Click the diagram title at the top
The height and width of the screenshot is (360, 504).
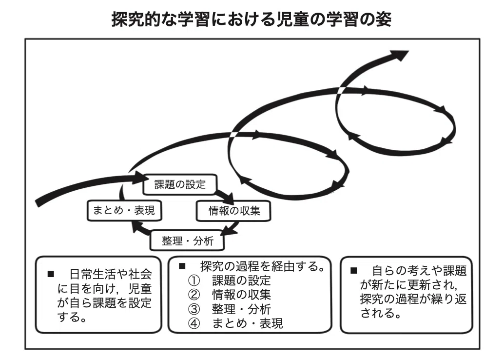point(252,20)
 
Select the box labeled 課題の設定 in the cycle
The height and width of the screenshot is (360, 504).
point(180,184)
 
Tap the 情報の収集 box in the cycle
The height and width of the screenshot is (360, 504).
point(233,211)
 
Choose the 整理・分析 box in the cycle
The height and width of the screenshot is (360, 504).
point(187,240)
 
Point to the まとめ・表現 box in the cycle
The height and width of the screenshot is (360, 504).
point(124,210)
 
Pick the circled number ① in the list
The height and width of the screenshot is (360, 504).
point(194,280)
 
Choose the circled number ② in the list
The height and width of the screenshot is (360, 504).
point(194,295)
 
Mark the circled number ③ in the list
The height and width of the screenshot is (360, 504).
point(194,309)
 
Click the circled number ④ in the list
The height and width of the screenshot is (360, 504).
point(194,323)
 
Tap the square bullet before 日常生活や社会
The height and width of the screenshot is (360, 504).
point(51,274)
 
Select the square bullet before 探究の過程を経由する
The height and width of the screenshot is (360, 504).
point(182,266)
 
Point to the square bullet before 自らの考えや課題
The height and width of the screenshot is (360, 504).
point(353,271)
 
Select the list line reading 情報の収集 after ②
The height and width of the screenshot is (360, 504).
point(241,295)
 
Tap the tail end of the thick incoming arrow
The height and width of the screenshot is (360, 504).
point(37,203)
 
